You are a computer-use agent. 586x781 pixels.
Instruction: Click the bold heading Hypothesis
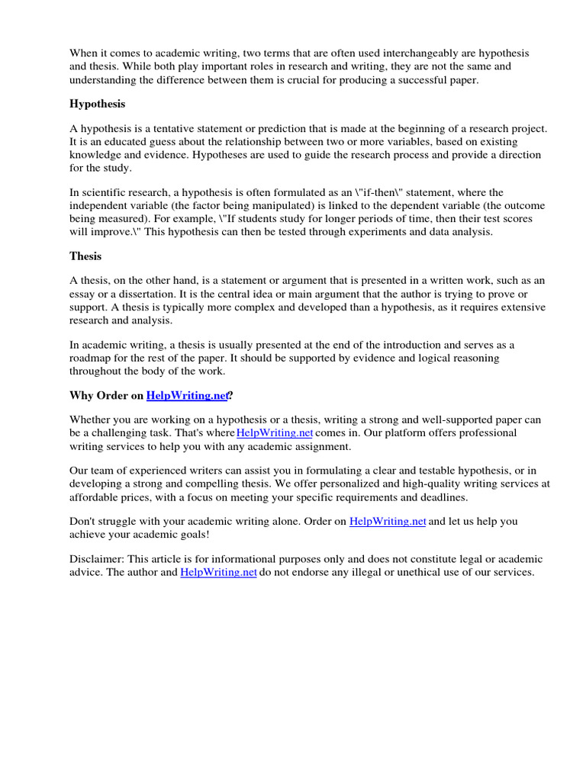tap(97, 104)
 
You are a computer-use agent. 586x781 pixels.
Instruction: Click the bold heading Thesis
tap(85, 256)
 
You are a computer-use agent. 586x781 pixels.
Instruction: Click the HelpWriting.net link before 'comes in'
tap(275, 433)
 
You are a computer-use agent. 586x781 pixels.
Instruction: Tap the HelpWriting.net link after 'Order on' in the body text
tap(387, 522)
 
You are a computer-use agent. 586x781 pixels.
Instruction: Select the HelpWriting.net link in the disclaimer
tap(218, 572)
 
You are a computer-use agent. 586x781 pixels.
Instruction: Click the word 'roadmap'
tap(91, 358)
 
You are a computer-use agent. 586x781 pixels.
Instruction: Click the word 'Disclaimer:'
tap(98, 559)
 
